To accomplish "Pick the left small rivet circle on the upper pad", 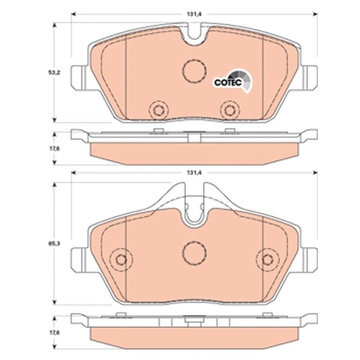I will pyautogui.click(x=159, y=110).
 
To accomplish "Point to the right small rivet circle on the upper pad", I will pyautogui.click(x=230, y=110).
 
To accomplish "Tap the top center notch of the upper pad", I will pyautogui.click(x=194, y=33).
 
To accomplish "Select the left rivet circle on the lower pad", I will pyautogui.click(x=120, y=258).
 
